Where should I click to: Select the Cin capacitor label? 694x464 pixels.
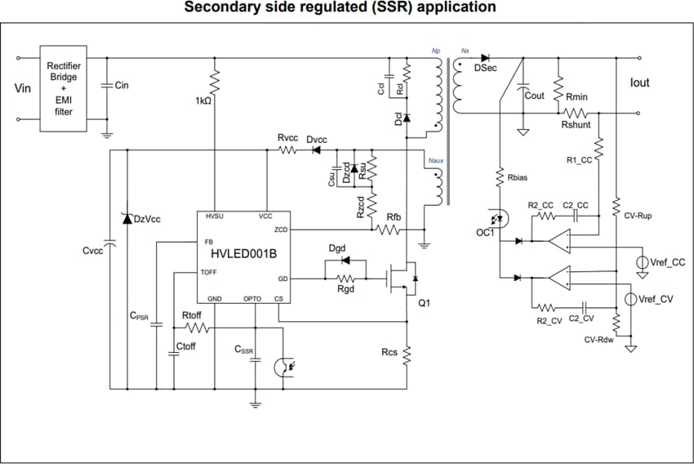click(x=122, y=85)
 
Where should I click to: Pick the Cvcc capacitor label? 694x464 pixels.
click(x=92, y=251)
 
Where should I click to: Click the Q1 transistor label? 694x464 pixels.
click(x=424, y=303)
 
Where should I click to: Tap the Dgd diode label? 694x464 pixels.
click(x=338, y=248)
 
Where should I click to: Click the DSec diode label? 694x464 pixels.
click(x=485, y=68)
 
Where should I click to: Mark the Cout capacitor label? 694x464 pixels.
click(x=535, y=96)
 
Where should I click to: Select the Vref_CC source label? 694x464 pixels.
click(x=667, y=263)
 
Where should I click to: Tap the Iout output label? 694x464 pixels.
click(x=640, y=83)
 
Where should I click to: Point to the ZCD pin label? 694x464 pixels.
click(x=281, y=230)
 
